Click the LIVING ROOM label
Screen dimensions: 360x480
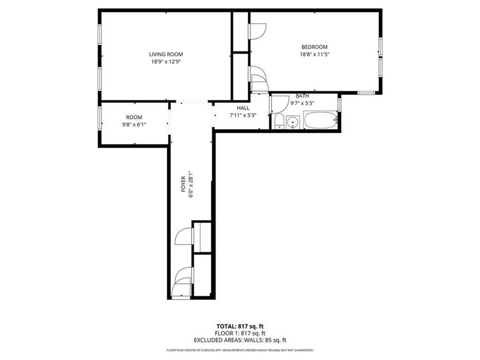tap(166, 54)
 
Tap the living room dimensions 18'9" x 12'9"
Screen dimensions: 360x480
tap(166, 62)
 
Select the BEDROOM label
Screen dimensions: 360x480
tap(314, 47)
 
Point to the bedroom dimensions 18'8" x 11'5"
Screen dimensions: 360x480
tap(314, 54)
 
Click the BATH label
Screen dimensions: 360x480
tap(302, 96)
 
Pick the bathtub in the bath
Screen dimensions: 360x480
tap(320, 121)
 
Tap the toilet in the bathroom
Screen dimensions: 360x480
tap(278, 121)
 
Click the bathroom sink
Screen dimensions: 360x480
tap(293, 121)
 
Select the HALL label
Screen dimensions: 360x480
tap(243, 107)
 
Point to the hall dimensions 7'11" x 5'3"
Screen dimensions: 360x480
tap(243, 115)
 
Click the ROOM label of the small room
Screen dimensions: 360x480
tap(134, 117)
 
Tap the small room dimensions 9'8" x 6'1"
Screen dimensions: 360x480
tap(134, 125)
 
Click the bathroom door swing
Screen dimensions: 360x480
tap(278, 103)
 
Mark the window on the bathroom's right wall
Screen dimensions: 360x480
tap(339, 105)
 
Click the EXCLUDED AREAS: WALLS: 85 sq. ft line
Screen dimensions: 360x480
tap(240, 340)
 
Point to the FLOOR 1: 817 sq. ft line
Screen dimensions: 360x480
tap(240, 333)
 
